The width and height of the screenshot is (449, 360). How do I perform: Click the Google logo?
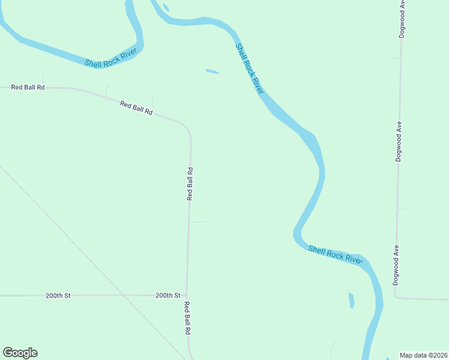[x=20, y=353]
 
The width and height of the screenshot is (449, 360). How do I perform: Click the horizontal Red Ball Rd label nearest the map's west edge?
[x=28, y=87]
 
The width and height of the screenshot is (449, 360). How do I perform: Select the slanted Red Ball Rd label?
[x=136, y=109]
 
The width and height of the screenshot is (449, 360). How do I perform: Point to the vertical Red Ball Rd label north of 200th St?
[x=190, y=184]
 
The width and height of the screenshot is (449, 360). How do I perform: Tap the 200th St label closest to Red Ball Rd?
[x=167, y=295]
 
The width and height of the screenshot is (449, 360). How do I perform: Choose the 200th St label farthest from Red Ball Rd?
[x=58, y=296]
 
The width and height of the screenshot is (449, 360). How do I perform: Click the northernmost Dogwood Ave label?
[x=403, y=19]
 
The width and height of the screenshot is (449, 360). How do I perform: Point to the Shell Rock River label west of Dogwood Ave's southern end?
[x=336, y=254]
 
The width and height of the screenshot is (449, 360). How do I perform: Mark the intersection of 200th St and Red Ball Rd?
[x=187, y=295]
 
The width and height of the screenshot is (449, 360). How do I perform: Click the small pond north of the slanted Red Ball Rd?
[x=212, y=72]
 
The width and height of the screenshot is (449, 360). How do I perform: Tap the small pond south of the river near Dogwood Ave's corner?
[x=351, y=300]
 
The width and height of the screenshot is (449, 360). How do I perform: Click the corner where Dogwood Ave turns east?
[x=396, y=297]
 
